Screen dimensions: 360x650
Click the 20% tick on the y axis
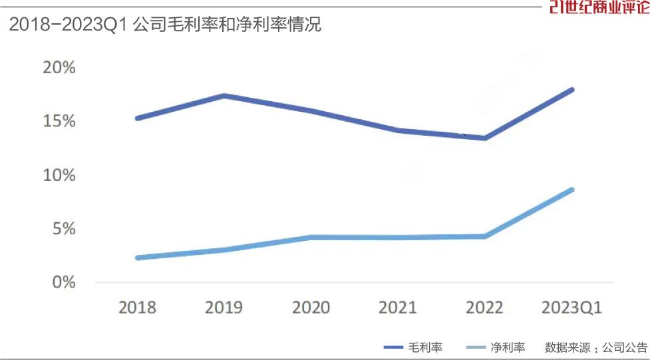pyautogui.click(x=60, y=68)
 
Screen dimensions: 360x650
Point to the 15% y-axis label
pyautogui.click(x=60, y=122)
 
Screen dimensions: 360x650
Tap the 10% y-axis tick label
pyautogui.click(x=60, y=176)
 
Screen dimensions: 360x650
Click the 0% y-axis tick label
pyautogui.click(x=65, y=283)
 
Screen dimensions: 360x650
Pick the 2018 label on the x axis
pyautogui.click(x=137, y=307)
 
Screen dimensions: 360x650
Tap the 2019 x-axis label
pyautogui.click(x=224, y=307)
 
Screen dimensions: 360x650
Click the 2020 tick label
pyautogui.click(x=311, y=307)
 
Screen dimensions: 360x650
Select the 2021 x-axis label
pyautogui.click(x=398, y=307)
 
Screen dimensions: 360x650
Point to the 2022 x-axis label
pyautogui.click(x=484, y=307)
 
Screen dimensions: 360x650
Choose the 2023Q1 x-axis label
pyautogui.click(x=571, y=307)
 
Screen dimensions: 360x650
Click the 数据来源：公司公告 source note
pyautogui.click(x=595, y=347)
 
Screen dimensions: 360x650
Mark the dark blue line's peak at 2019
pyautogui.click(x=224, y=96)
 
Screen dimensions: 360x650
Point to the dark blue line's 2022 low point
pyautogui.click(x=485, y=138)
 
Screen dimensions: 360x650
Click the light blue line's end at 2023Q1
pyautogui.click(x=571, y=190)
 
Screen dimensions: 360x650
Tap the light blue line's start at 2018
pyautogui.click(x=137, y=258)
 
